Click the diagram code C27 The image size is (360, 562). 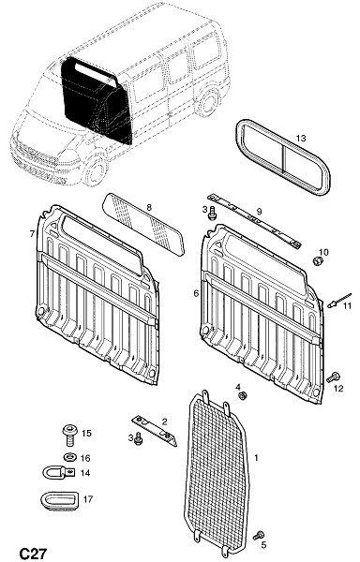click(x=33, y=553)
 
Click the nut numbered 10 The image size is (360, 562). click(x=317, y=261)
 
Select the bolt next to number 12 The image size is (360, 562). click(x=333, y=377)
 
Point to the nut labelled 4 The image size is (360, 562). click(x=243, y=395)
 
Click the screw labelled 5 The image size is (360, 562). click(x=258, y=536)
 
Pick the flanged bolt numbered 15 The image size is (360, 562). click(x=69, y=435)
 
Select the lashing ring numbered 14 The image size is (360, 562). click(x=58, y=473)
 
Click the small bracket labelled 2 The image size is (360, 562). click(x=155, y=430)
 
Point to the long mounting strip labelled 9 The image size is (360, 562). click(x=254, y=222)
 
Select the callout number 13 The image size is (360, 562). click(x=301, y=138)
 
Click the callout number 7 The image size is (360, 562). click(x=32, y=233)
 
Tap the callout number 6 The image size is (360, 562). click(x=196, y=293)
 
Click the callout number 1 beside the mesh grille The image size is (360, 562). click(x=256, y=458)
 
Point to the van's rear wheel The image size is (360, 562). click(x=207, y=102)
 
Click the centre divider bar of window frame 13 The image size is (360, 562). click(x=282, y=157)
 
